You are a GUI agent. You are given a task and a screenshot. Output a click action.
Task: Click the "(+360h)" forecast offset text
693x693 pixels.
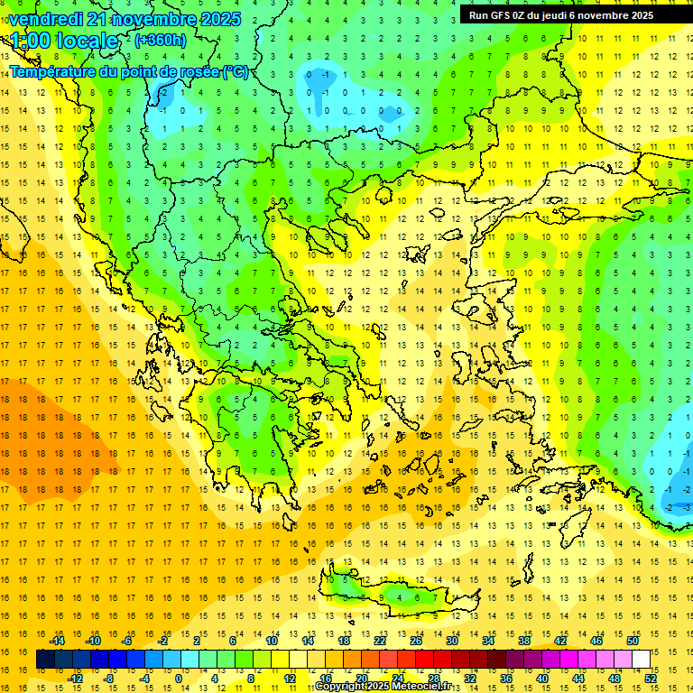161,41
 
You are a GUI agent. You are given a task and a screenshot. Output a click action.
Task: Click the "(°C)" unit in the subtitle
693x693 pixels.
236,71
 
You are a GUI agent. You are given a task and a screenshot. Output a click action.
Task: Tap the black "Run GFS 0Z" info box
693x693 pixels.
568,14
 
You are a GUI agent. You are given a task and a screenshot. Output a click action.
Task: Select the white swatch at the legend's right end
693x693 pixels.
641,659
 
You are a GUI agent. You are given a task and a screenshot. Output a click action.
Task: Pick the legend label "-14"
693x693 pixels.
57,641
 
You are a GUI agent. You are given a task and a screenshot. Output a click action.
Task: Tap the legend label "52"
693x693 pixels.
651,678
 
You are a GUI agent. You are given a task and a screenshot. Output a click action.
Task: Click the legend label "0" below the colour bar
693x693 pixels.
178,678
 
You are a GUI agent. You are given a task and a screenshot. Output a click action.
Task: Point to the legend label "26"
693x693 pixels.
416,641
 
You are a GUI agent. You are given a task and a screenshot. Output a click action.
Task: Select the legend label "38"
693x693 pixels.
524,641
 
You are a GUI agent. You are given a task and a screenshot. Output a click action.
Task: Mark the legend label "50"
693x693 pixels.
633,641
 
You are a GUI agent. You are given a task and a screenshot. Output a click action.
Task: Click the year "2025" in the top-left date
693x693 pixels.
221,19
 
